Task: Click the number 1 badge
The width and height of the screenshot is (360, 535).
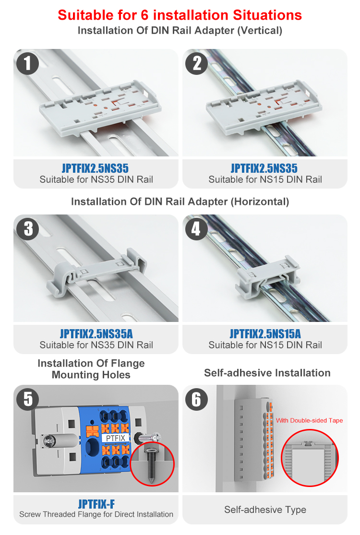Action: coord(28,63)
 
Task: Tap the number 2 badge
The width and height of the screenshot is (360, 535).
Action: coord(196,63)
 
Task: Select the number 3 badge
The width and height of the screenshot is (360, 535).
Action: coord(28,229)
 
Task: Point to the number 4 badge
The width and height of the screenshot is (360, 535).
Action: coord(196,229)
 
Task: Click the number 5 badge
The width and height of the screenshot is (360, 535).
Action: coord(28,399)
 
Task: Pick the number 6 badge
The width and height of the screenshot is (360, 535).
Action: coord(196,399)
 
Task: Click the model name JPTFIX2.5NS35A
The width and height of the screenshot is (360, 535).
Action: coord(96,333)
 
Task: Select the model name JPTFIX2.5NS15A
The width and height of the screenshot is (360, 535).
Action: coord(265,333)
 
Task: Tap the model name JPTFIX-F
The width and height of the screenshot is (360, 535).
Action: coord(96,504)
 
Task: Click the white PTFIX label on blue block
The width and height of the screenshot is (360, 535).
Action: coord(115,438)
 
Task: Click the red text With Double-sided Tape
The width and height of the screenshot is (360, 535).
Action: coord(310,420)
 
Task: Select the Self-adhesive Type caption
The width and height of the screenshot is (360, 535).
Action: coord(265,510)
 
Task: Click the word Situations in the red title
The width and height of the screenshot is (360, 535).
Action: coord(267,15)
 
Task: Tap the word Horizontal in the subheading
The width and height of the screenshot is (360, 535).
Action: coord(260,202)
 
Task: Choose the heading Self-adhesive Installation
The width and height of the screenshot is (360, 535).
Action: coord(267,373)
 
